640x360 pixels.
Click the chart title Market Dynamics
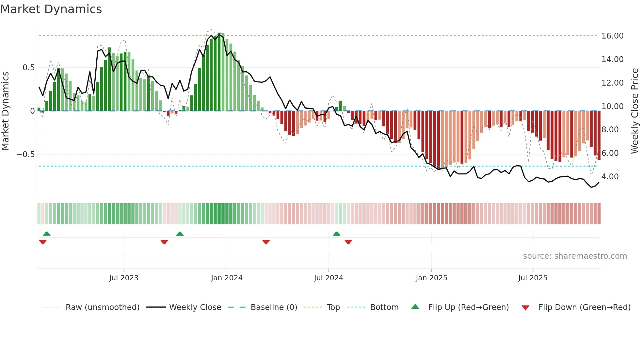(x=51, y=9)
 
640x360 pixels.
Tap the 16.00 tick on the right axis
(x=612, y=36)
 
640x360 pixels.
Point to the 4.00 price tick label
(x=610, y=177)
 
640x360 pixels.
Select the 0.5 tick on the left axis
(x=28, y=68)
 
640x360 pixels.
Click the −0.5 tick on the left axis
(x=26, y=154)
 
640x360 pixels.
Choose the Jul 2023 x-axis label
(x=124, y=278)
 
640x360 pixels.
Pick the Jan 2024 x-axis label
(x=227, y=278)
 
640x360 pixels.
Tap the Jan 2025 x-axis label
(x=431, y=278)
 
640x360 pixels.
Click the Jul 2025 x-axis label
(x=533, y=278)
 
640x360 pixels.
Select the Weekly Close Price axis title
(x=634, y=111)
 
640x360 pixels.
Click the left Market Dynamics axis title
(x=5, y=111)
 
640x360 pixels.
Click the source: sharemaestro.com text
(x=575, y=256)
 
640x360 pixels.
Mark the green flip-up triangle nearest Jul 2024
(x=336, y=234)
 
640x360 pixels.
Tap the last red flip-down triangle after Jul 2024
(x=348, y=242)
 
